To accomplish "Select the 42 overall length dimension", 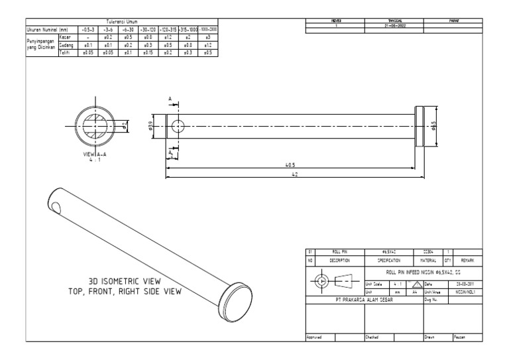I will [x=294, y=174].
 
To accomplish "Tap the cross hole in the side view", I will [x=177, y=126].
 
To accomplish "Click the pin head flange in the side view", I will [x=419, y=126].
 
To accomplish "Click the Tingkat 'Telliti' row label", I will [x=65, y=50].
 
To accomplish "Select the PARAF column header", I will [x=454, y=22].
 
